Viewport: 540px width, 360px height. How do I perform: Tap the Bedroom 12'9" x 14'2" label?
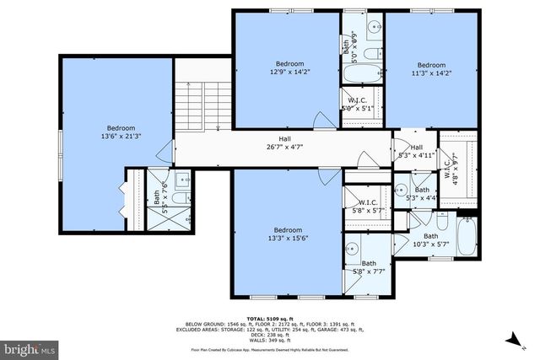click(289, 68)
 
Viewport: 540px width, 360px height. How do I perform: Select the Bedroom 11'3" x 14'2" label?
click(430, 69)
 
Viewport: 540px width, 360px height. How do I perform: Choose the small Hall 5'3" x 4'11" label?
click(416, 151)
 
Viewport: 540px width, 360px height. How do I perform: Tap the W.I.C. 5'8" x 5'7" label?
click(367, 207)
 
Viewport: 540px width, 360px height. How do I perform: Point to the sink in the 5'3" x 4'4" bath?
click(402, 188)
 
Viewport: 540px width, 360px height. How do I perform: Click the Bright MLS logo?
click(30, 347)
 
